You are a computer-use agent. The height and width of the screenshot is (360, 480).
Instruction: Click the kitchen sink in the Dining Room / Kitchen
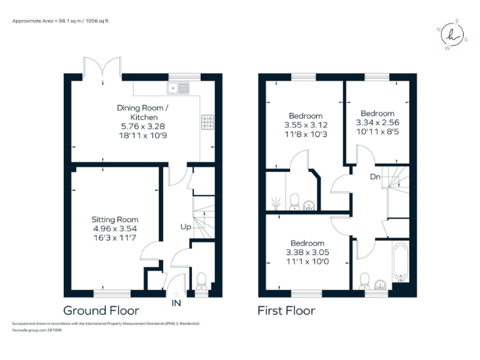[x=178, y=88]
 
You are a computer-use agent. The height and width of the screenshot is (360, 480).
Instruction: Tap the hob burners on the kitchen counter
[x=207, y=122]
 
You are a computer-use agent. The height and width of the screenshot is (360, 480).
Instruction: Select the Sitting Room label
[x=115, y=219]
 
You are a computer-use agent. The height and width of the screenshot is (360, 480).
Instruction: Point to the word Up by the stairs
[x=186, y=227]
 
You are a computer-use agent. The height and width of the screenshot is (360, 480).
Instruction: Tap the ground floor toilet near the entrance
[x=202, y=279]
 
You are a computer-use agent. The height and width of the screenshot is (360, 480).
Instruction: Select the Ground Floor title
[x=101, y=310]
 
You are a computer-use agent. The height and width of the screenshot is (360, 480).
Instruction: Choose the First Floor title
[x=287, y=310]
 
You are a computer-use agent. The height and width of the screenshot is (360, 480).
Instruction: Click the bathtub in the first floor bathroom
[x=399, y=262]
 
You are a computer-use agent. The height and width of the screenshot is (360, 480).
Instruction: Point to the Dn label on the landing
[x=375, y=177]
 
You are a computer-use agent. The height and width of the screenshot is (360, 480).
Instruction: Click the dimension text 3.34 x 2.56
[x=377, y=123]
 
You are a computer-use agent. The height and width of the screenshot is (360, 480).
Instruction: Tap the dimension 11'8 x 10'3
[x=306, y=134]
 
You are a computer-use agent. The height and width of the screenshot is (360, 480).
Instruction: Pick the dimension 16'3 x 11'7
[x=115, y=237]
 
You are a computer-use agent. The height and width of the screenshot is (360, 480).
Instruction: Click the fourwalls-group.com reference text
[x=37, y=330]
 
